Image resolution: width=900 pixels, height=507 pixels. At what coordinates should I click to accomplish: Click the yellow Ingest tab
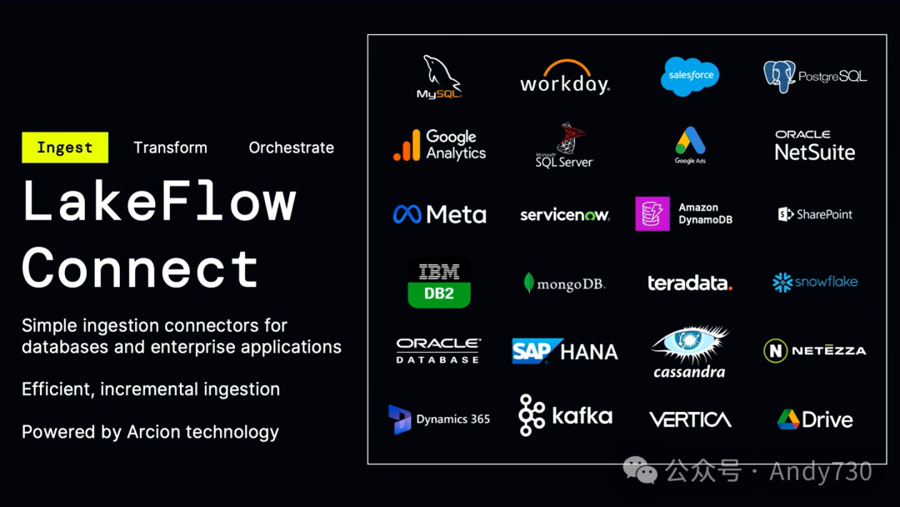point(65,148)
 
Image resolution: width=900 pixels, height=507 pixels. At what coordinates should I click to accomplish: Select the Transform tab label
point(170,148)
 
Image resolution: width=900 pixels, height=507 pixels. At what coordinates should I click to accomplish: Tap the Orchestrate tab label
point(291,148)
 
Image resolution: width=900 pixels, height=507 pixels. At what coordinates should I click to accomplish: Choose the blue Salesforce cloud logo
point(690,76)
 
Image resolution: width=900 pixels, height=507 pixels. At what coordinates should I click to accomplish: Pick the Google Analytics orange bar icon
point(407,146)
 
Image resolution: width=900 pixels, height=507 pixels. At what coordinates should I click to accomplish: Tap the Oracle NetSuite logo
point(815,146)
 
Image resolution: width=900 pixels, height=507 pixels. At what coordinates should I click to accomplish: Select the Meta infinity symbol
point(407,215)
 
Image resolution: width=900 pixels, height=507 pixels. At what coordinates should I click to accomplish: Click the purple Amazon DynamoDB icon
point(652,214)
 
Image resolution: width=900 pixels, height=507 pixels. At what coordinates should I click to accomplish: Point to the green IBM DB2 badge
point(439,283)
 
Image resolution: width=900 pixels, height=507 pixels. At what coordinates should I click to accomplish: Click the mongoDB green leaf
point(528,283)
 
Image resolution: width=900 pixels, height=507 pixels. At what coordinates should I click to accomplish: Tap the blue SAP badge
point(532,351)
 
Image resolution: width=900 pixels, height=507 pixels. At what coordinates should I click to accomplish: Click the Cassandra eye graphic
point(690,344)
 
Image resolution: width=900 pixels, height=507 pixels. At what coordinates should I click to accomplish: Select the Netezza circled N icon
point(775,351)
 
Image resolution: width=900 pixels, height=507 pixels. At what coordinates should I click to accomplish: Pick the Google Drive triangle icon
point(787,419)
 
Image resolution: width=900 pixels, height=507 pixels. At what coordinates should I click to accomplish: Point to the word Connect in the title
point(140,269)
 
